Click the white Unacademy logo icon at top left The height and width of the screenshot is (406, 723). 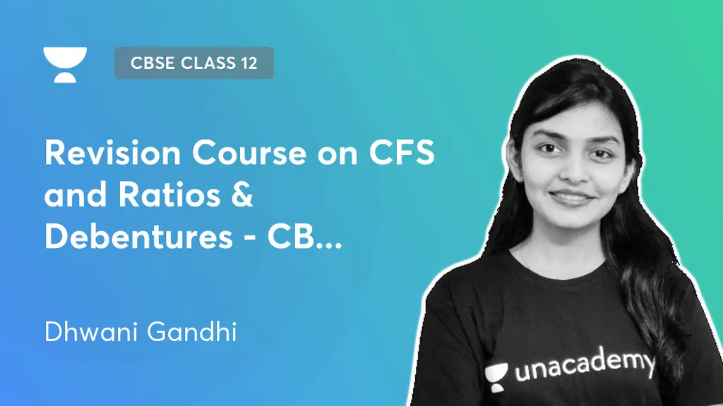[x=65, y=64]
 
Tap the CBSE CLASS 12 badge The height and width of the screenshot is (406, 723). [x=193, y=63]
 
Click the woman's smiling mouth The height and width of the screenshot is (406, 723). [x=570, y=197]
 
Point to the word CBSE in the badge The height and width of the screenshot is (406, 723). [x=152, y=63]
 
